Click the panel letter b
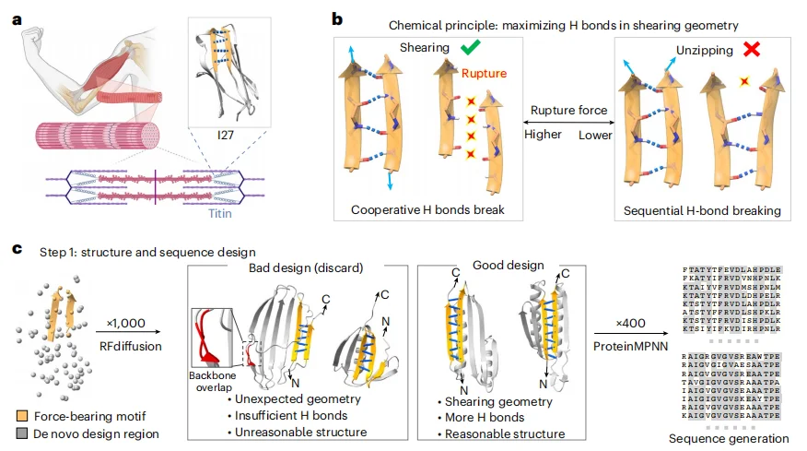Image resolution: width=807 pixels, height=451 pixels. [x=338, y=18]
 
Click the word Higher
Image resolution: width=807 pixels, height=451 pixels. [x=544, y=136]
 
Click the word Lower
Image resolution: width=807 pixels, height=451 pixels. [x=595, y=136]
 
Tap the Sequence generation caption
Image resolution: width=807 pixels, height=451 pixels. [x=730, y=439]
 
